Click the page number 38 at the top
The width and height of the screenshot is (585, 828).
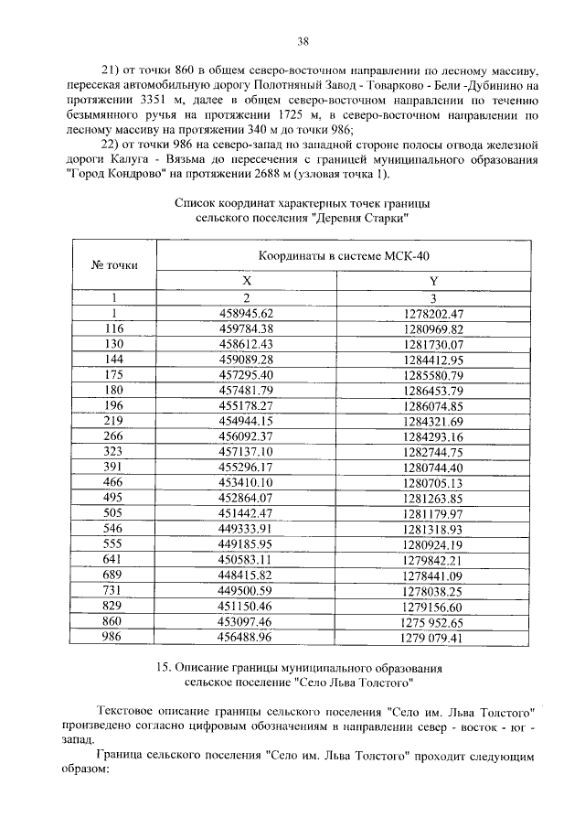coord(303,40)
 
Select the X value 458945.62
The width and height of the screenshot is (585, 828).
coord(242,313)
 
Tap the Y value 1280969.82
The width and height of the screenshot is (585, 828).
coord(433,328)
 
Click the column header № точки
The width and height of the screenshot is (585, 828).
coord(114,264)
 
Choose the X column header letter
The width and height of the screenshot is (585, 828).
coord(246,282)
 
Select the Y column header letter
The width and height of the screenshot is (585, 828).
coord(433,282)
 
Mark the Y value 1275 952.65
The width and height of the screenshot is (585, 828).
coord(433,621)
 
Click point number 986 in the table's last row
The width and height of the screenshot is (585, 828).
coord(113,637)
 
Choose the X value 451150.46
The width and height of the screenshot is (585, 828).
coord(242,606)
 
